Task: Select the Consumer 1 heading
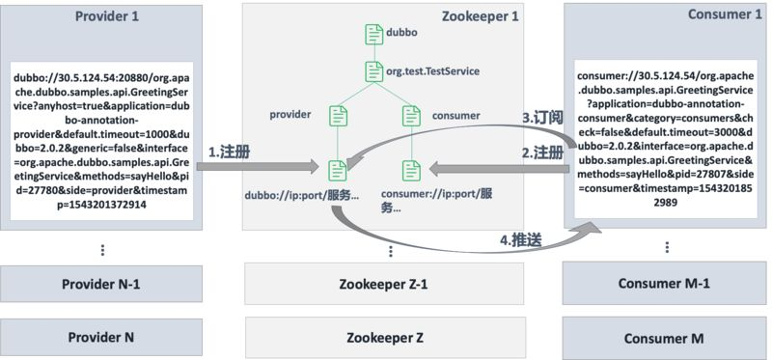click(694, 16)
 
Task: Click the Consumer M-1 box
click(664, 285)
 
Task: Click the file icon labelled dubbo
click(373, 32)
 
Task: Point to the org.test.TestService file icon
click(373, 70)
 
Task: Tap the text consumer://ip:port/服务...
click(437, 199)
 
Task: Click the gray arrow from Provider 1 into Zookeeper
click(261, 168)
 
